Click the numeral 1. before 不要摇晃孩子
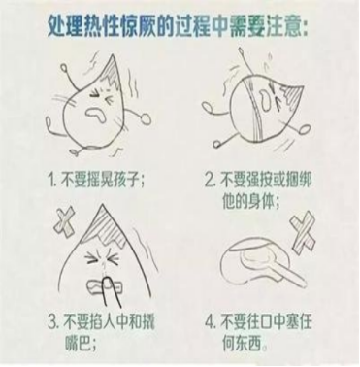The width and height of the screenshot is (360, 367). coord(53,181)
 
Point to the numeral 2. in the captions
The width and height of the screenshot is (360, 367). coord(211,180)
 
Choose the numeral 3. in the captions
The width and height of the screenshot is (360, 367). coord(54,322)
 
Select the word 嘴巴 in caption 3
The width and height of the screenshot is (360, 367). coord(79,344)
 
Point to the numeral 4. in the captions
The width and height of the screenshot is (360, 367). coord(211,322)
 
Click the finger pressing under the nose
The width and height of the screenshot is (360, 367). coord(108,288)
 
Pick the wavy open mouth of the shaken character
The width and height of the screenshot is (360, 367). coord(97,114)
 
